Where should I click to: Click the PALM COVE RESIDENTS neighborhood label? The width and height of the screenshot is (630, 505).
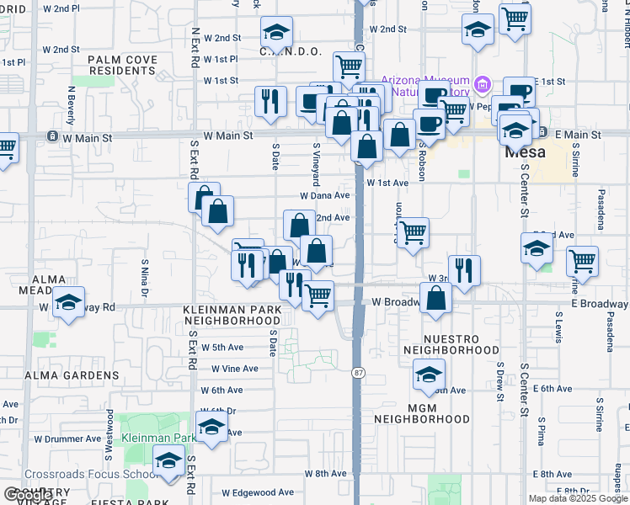122,65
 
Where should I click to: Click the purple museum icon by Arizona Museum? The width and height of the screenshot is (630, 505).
482,83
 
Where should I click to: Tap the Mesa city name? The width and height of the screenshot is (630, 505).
525,153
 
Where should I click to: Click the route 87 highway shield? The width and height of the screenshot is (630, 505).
357,371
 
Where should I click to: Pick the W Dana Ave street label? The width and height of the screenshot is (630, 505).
324,195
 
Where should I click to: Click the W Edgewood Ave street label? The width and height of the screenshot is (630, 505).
258,492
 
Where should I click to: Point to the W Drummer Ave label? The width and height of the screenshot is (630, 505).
67,439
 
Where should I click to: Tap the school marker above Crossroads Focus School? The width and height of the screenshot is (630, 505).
169,460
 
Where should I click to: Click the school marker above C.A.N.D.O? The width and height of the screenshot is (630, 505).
275,32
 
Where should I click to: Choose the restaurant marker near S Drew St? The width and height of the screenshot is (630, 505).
464,269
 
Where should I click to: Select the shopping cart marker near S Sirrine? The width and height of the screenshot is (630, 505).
583,262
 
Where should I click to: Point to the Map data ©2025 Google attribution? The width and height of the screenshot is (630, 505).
579,498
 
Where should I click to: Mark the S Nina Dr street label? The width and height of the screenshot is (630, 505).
144,277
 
